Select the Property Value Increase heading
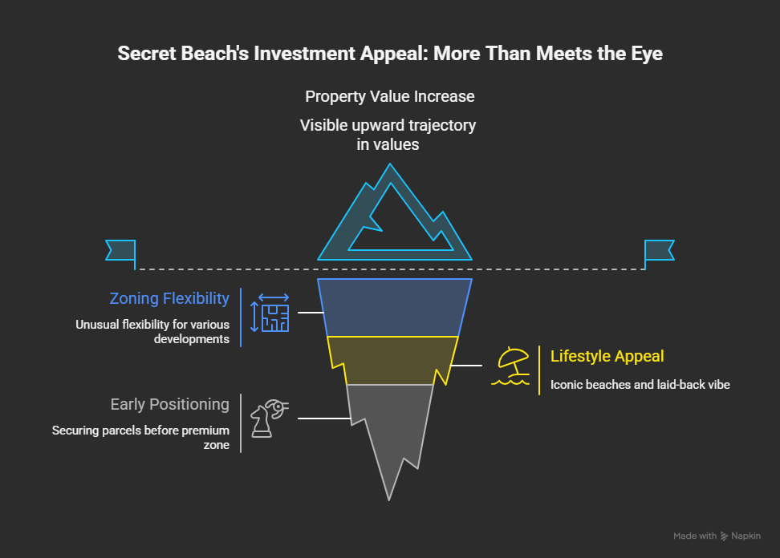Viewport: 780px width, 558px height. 390,96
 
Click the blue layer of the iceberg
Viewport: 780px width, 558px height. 393,306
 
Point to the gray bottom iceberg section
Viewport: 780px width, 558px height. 390,425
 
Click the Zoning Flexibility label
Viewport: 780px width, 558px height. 169,298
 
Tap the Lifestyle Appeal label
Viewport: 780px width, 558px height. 607,356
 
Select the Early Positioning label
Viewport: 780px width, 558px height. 169,404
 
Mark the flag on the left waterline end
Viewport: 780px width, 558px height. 120,251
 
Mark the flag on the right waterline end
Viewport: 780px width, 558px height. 660,251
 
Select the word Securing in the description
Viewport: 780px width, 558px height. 78,431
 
